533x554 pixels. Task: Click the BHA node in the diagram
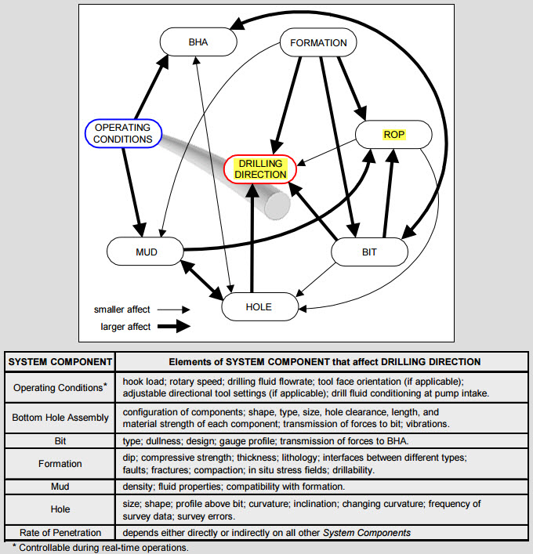point(198,42)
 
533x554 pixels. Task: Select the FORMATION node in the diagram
point(318,42)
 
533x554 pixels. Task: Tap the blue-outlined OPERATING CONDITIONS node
point(123,133)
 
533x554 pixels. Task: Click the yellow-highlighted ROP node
point(393,134)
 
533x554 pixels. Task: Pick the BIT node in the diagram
point(370,252)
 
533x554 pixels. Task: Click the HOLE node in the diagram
point(259,306)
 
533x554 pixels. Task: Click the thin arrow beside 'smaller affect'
point(174,310)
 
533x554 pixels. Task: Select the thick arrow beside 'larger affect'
point(174,326)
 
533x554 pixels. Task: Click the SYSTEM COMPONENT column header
point(60,361)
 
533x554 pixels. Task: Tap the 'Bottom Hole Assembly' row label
point(60,418)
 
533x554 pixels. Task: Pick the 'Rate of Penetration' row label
point(60,534)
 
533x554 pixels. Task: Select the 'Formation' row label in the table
point(60,464)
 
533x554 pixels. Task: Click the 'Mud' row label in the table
point(60,487)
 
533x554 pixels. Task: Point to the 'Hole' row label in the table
point(60,509)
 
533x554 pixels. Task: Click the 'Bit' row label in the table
point(60,441)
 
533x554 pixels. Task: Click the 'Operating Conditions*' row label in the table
point(60,387)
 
